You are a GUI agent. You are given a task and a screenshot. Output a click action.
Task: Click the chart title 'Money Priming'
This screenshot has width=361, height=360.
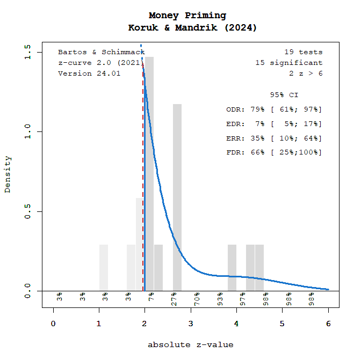(187, 16)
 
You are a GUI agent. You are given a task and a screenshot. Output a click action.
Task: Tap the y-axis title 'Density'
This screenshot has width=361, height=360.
(8, 174)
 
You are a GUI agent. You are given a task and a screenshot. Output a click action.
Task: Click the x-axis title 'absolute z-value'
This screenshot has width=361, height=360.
(191, 344)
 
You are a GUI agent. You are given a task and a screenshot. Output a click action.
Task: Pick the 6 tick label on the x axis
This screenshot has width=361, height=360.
(328, 324)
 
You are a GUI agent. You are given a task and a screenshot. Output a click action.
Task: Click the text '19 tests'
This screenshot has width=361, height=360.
(304, 52)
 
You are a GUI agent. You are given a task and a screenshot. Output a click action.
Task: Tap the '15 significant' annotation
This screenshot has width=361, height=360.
(289, 63)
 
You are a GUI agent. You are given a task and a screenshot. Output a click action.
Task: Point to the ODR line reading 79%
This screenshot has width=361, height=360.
(274, 109)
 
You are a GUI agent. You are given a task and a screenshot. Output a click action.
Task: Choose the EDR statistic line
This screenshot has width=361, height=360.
(274, 124)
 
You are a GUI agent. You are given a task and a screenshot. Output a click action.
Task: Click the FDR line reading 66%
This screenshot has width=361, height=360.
(274, 152)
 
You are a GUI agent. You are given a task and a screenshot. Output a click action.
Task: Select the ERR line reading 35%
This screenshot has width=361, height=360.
(274, 138)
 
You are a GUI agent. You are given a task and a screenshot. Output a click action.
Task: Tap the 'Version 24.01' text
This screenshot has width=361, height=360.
(89, 74)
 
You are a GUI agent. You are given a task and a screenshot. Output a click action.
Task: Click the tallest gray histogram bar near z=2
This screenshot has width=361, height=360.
(149, 172)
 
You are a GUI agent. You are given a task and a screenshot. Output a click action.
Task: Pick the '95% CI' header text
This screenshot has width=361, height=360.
(284, 95)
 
